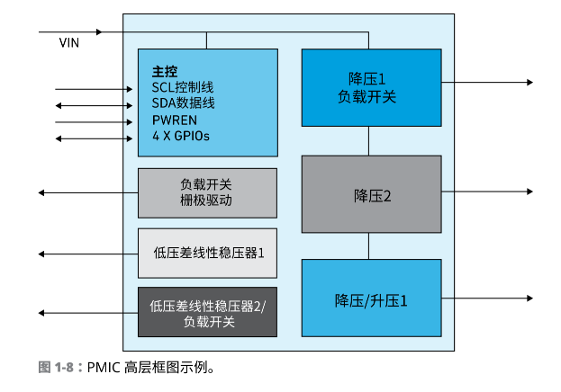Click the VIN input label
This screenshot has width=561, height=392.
pos(68,42)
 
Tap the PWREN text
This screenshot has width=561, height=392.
pos(174,120)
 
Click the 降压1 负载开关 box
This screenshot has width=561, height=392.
pos(370,87)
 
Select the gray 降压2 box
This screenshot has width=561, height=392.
pos(370,193)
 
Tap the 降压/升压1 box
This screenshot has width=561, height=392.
pos(370,298)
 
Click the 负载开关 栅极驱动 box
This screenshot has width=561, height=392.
pos(206,192)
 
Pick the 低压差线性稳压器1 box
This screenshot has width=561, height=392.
pos(206,253)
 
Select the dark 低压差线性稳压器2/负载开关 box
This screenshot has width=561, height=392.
pos(206,313)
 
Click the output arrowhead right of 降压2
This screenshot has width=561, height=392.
pos(529,192)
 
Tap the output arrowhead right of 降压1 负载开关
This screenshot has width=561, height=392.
pos(529,83)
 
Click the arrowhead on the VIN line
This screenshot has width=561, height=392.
pos(98,32)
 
